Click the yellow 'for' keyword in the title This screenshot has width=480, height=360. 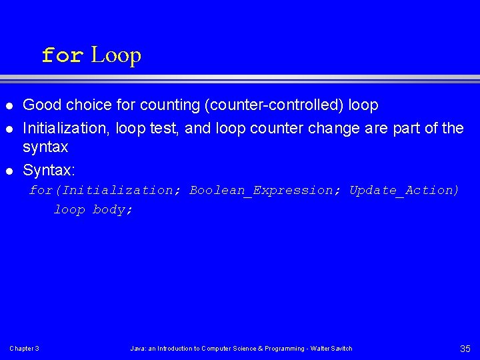[62, 55]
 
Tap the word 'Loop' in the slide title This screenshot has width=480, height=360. [116, 55]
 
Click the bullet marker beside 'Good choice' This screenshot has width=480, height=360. [9, 105]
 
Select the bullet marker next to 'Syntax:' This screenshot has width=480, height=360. [9, 171]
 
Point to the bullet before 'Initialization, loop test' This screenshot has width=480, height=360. [9, 127]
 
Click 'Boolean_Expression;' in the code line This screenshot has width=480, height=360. [265, 190]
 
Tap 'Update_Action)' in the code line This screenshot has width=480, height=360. [404, 190]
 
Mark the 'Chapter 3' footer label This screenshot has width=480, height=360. [24, 349]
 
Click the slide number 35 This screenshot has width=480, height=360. [465, 349]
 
